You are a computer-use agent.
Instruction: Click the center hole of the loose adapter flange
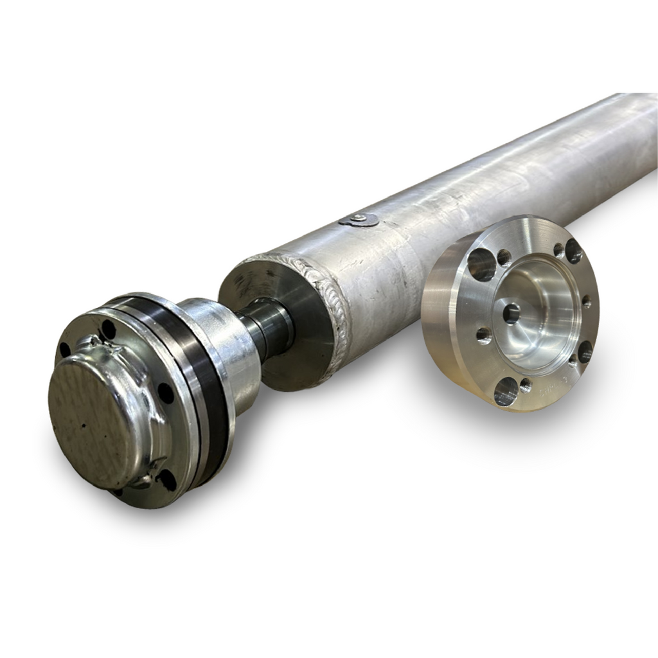pyautogui.click(x=511, y=314)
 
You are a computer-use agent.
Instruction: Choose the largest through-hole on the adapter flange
pyautogui.click(x=481, y=264)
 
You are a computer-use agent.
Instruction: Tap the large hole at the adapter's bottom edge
pyautogui.click(x=506, y=391)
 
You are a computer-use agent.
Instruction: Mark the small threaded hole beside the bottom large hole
pyautogui.click(x=526, y=386)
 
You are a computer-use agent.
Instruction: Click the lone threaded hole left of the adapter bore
pyautogui.click(x=484, y=335)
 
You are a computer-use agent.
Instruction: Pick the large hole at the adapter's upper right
pyautogui.click(x=573, y=251)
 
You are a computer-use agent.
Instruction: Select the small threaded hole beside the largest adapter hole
pyautogui.click(x=504, y=258)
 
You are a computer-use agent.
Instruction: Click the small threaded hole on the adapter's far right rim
pyautogui.click(x=586, y=301)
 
